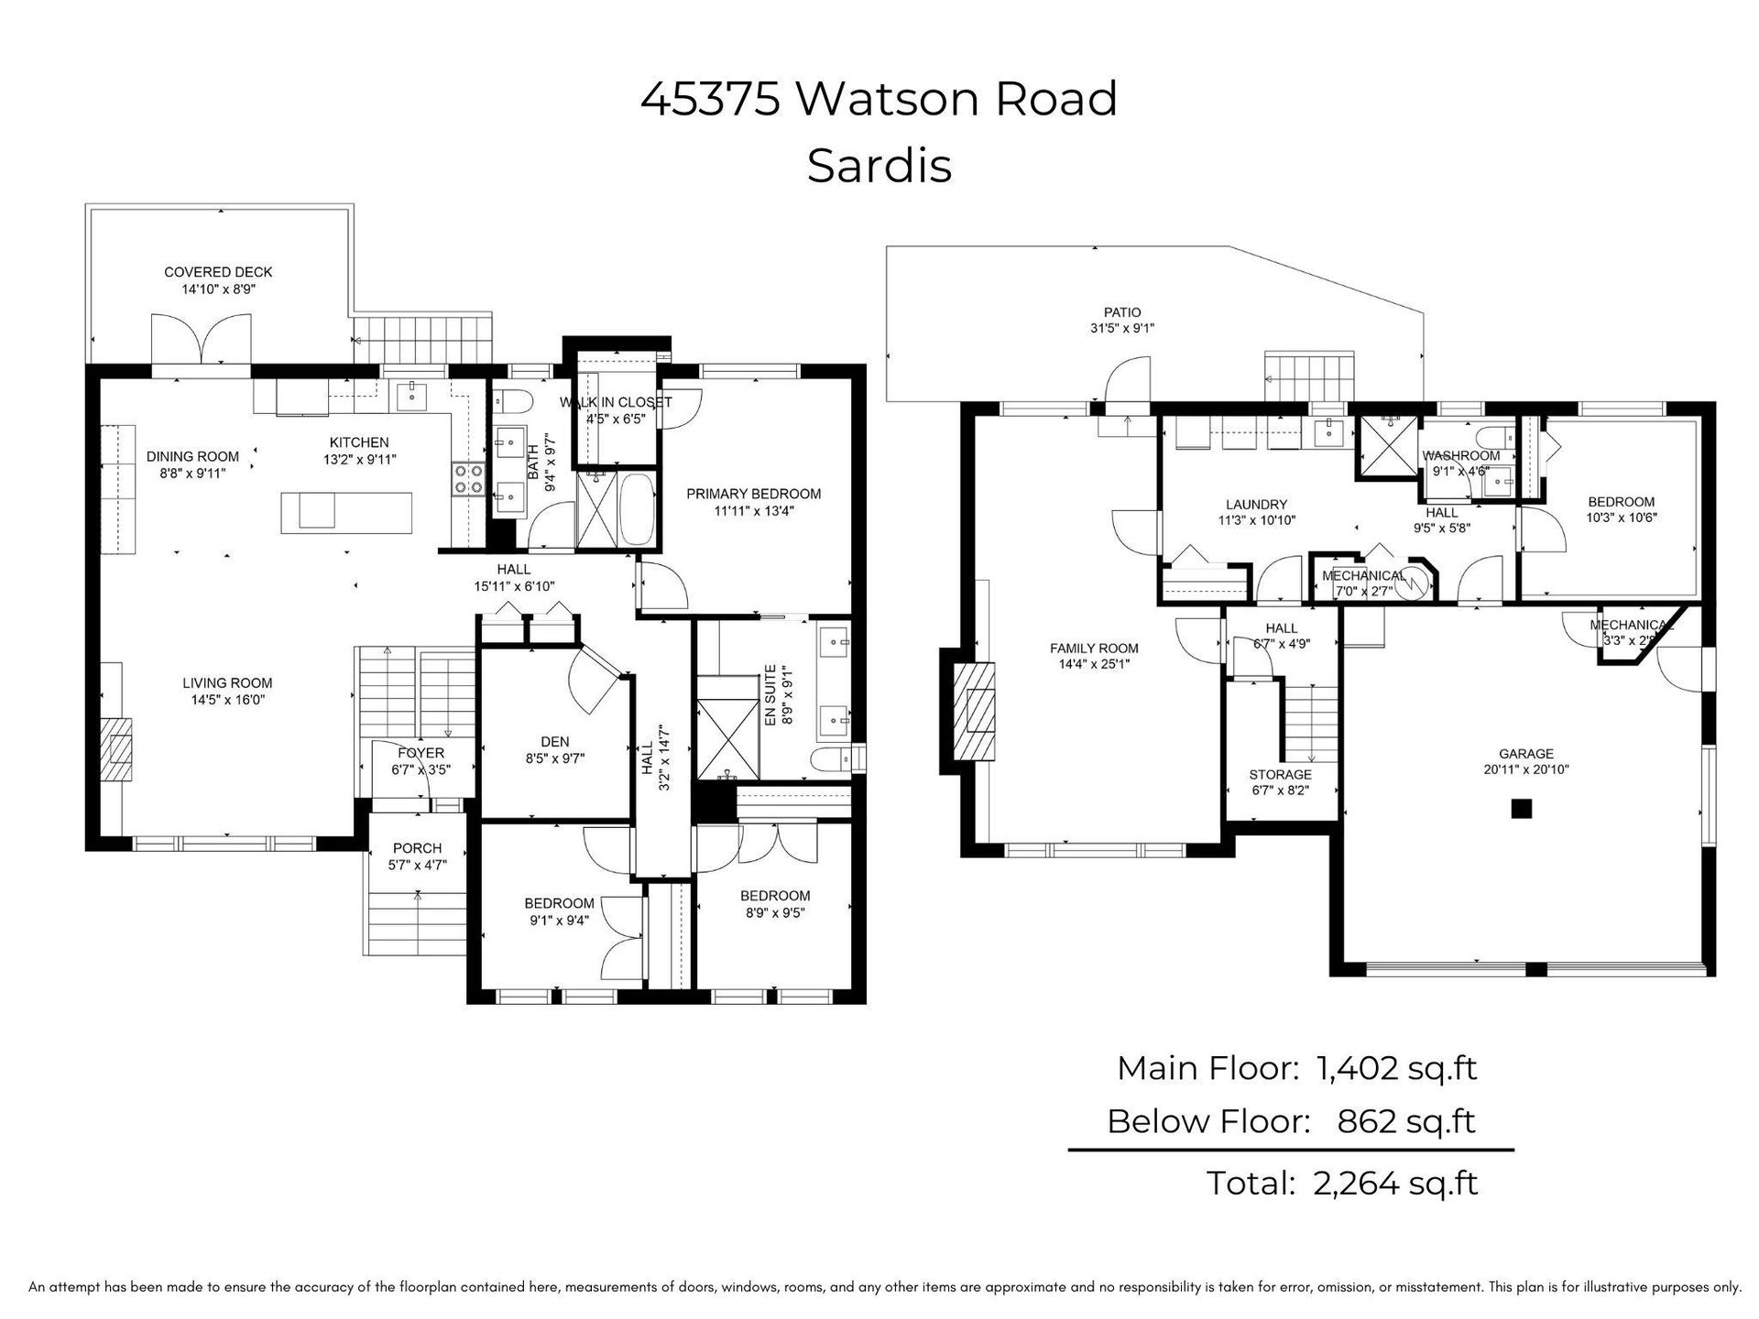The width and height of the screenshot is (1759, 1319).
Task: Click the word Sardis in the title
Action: (x=879, y=166)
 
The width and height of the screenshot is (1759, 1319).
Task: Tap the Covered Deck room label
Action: (x=218, y=272)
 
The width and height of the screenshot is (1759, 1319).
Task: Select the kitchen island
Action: (x=346, y=511)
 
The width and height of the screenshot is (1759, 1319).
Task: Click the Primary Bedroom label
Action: (x=754, y=494)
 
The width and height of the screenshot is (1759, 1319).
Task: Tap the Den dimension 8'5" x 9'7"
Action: (x=555, y=758)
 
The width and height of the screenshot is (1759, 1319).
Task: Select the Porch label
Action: (x=417, y=848)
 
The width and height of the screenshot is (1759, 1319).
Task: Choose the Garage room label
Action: (x=1526, y=754)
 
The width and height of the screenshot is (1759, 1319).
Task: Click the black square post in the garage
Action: (x=1521, y=808)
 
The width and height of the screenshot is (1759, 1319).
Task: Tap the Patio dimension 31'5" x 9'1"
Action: (x=1122, y=329)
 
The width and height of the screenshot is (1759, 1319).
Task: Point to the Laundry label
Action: (x=1256, y=504)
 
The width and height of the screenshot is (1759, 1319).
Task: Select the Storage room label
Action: (x=1281, y=775)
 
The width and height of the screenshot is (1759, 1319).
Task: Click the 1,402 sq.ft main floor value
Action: (x=1397, y=1068)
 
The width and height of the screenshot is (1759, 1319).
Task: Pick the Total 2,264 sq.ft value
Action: (x=1395, y=1183)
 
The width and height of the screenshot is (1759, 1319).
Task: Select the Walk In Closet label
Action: (x=616, y=402)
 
